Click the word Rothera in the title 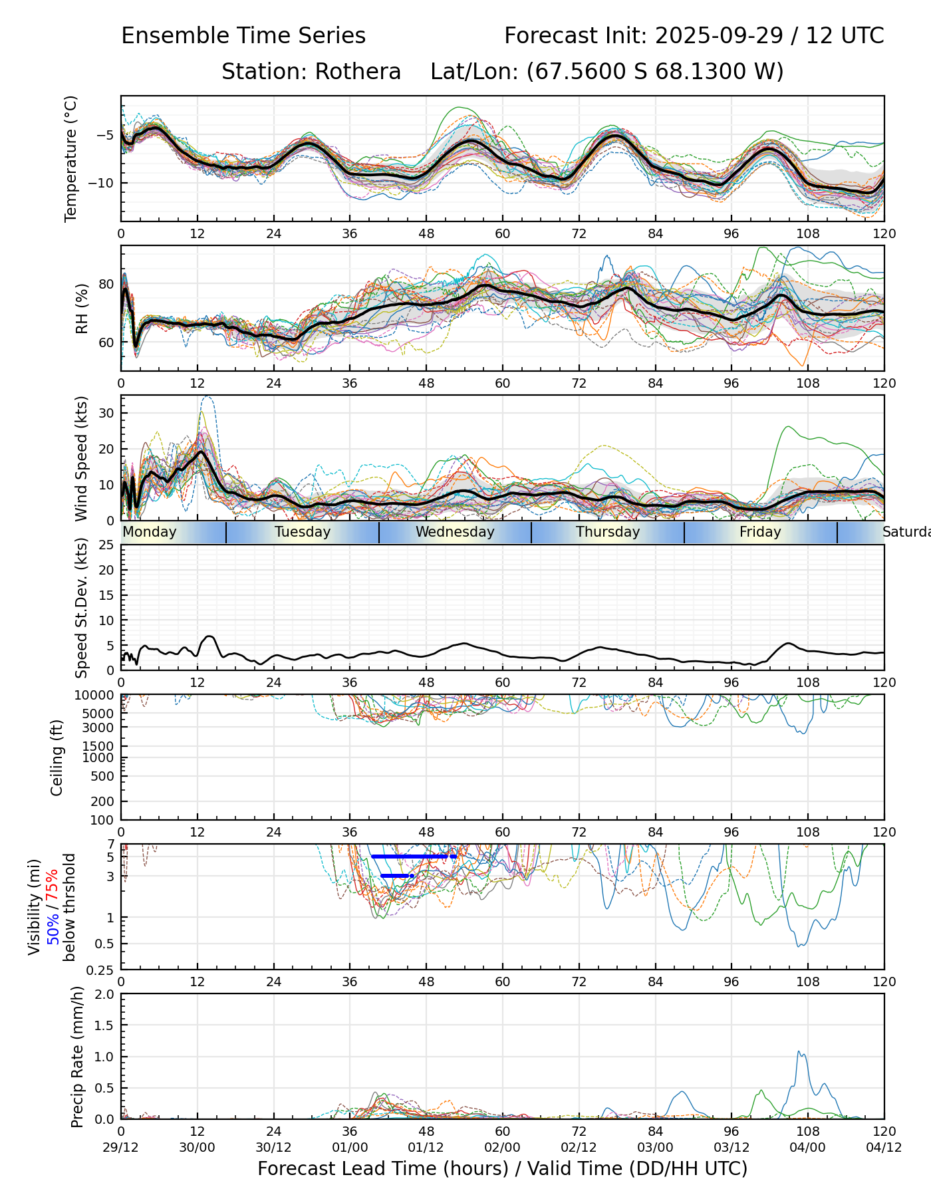[358, 72]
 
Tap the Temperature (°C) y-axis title [71, 158]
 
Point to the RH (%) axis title [82, 309]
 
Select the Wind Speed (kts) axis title [82, 458]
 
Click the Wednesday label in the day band [455, 532]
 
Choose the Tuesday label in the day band [303, 532]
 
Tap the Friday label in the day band [760, 532]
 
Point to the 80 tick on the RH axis [106, 284]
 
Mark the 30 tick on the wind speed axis [106, 413]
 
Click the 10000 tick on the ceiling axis [97, 696]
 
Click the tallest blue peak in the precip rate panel [799, 1052]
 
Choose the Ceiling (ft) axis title [57, 757]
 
